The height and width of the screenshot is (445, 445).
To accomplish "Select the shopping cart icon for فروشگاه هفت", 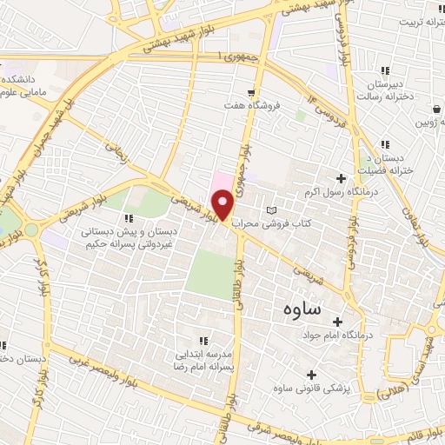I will pos(251,92).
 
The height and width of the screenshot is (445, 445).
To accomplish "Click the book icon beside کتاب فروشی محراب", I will pos(272,210).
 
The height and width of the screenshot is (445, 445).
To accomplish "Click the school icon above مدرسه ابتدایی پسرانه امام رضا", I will pos(203,342).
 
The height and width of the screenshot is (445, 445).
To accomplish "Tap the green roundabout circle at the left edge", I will pos(32,230).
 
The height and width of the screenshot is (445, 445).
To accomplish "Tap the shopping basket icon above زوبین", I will pos(436,110).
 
